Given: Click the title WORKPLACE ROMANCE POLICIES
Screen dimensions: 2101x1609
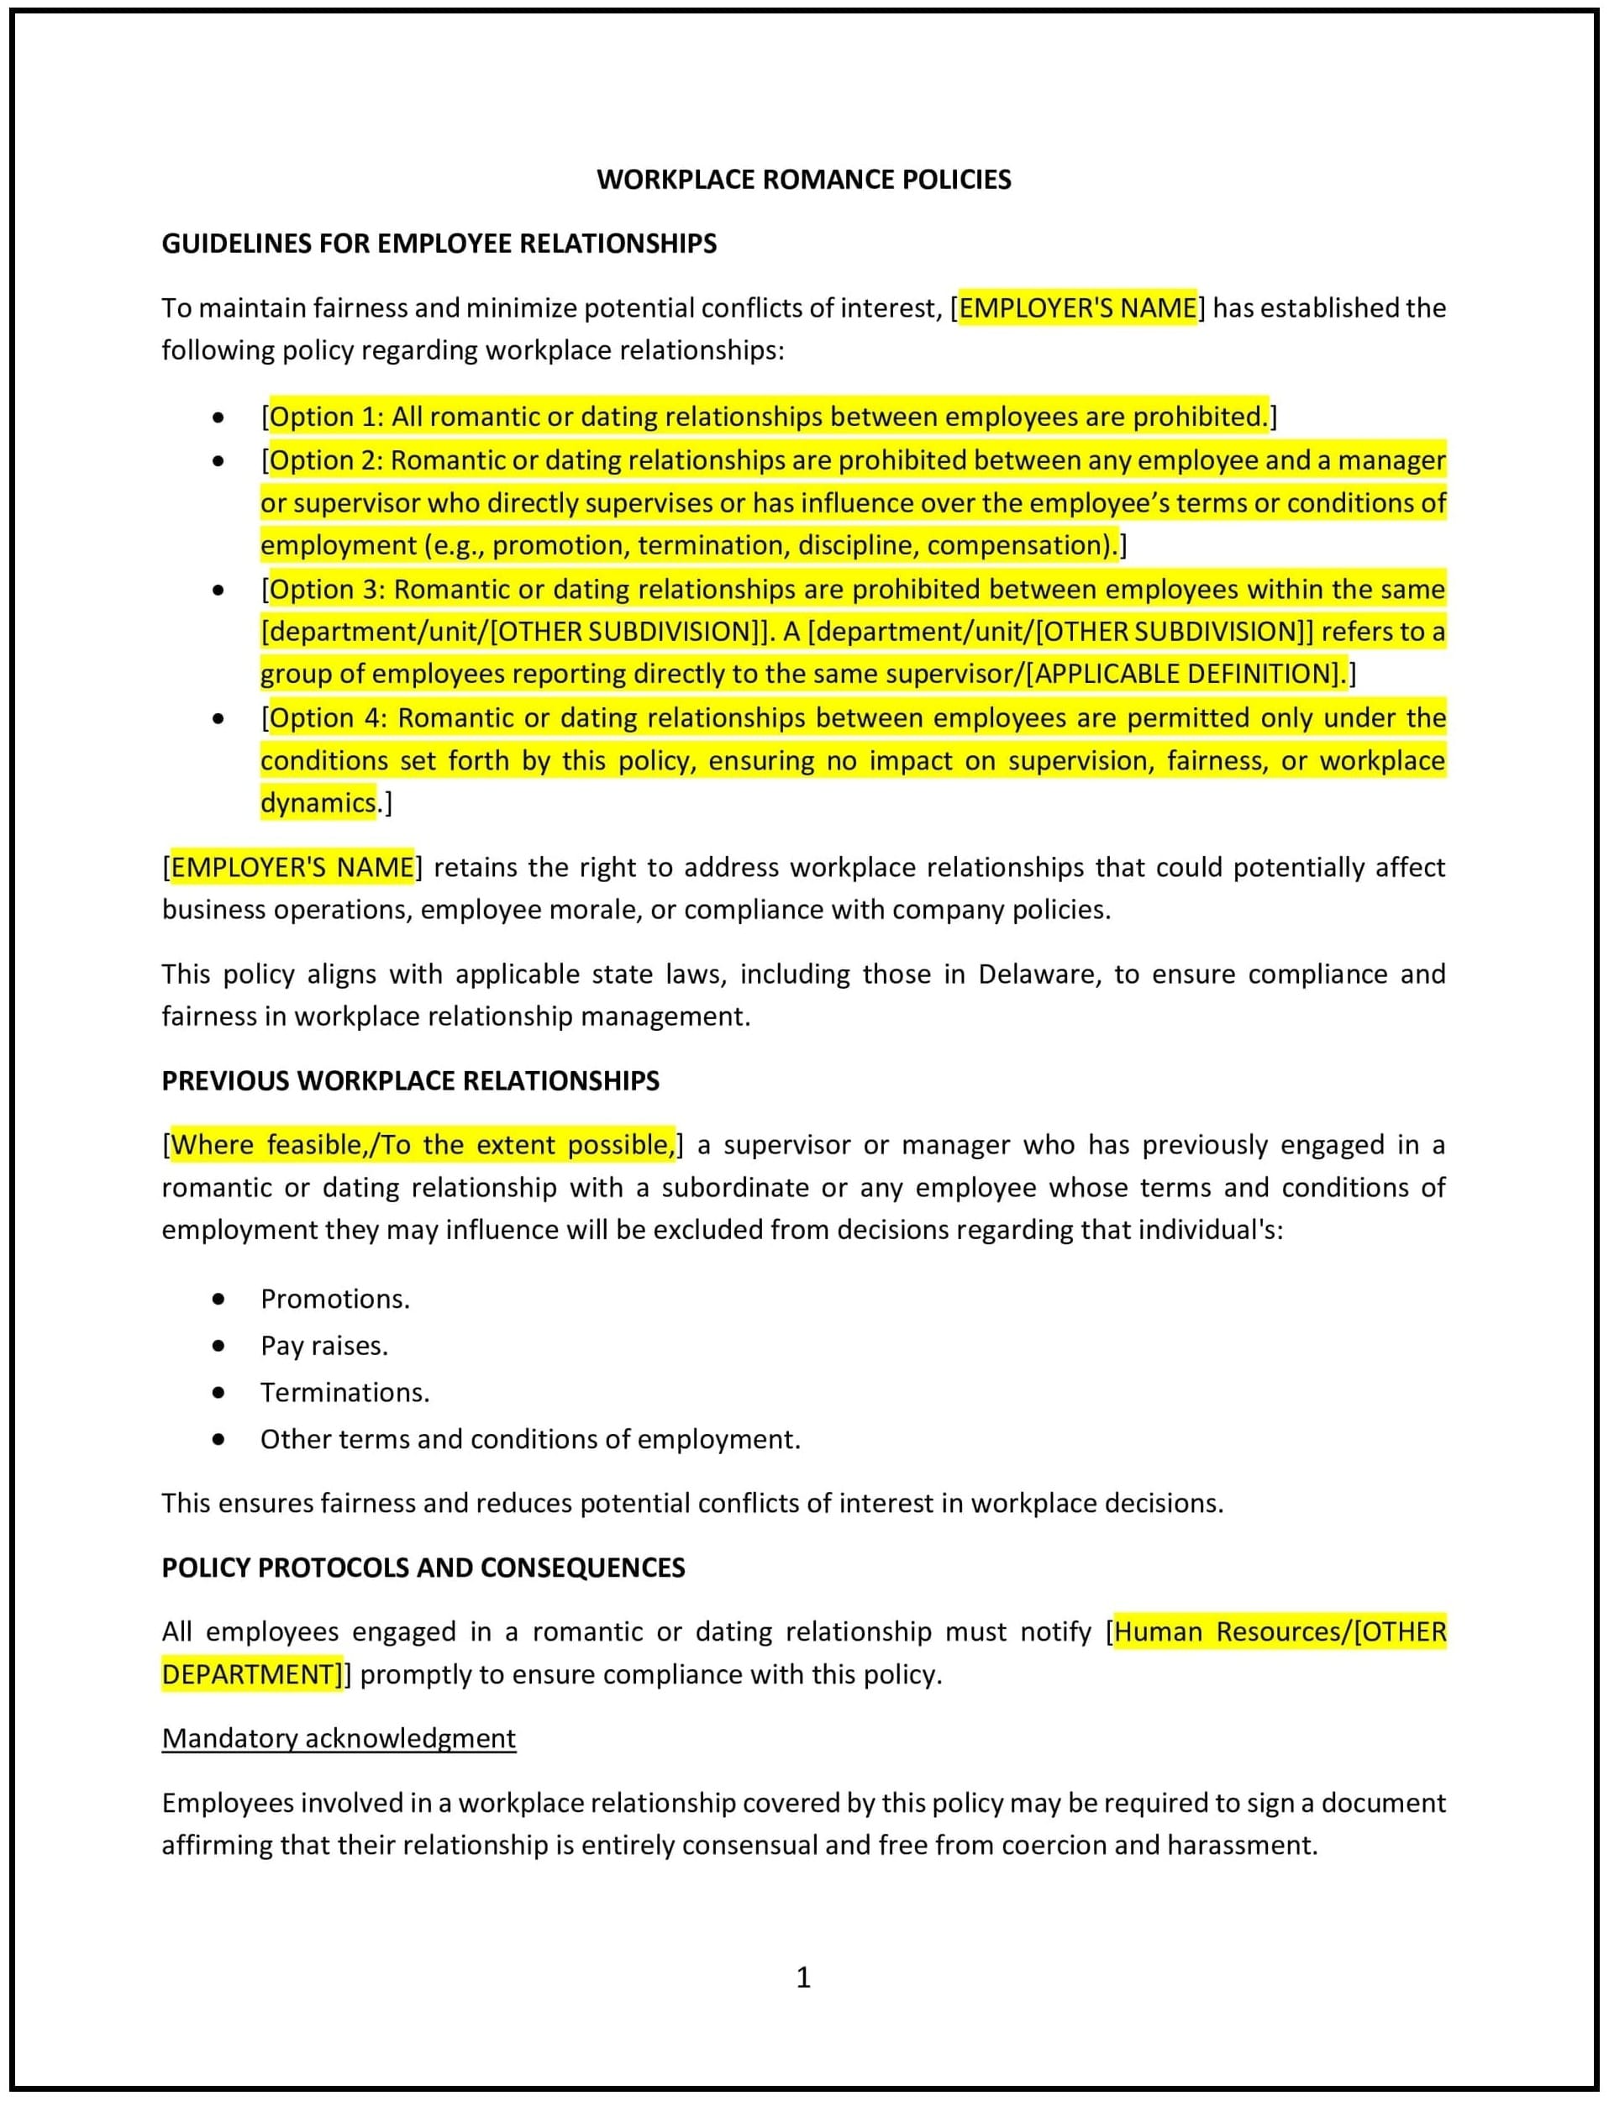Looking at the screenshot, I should tap(803, 180).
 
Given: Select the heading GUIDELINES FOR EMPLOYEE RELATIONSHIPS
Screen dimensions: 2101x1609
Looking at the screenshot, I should tap(439, 244).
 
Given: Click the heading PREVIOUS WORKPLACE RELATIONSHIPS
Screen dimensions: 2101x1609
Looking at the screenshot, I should tap(410, 1080).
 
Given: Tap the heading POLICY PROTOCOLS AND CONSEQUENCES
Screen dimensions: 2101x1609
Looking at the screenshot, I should tap(423, 1567).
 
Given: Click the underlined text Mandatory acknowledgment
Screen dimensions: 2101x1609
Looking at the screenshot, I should tap(339, 1737).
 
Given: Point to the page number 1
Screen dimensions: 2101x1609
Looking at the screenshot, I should tap(803, 1977).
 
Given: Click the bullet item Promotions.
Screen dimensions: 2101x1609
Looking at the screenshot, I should tap(334, 1299).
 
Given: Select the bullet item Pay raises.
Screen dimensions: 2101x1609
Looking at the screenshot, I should tap(323, 1346).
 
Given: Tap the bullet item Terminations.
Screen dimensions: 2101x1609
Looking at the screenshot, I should tap(344, 1391).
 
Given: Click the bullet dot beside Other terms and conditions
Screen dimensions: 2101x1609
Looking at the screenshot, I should tap(219, 1438).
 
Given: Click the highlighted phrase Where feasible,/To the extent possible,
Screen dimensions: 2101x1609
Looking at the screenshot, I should tap(423, 1144).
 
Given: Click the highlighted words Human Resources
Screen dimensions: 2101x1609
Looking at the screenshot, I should tap(1230, 1631).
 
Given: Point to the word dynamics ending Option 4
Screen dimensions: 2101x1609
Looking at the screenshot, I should tap(318, 802).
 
